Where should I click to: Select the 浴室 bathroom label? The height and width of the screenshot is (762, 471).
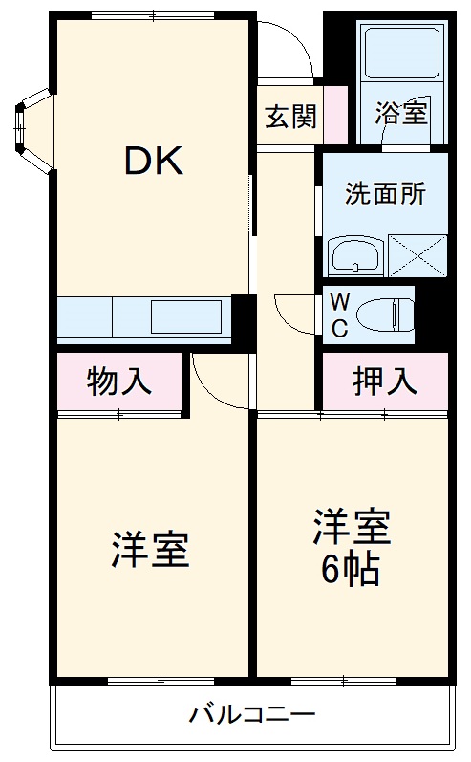[x=400, y=114]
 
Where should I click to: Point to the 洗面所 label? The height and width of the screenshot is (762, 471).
[x=384, y=192]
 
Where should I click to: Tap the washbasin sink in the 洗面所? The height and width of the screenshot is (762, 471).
[x=355, y=256]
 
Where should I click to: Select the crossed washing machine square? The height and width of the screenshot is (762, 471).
[x=418, y=255]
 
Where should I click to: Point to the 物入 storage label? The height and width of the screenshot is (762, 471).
[x=119, y=381]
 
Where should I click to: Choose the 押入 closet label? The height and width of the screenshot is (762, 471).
[x=385, y=381]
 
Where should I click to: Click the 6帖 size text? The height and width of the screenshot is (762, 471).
[x=350, y=571]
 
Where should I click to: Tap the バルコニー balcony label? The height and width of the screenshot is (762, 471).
[x=250, y=714]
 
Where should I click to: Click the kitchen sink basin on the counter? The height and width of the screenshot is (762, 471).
[x=186, y=316]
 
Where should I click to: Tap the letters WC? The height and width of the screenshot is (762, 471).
[x=339, y=314]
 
